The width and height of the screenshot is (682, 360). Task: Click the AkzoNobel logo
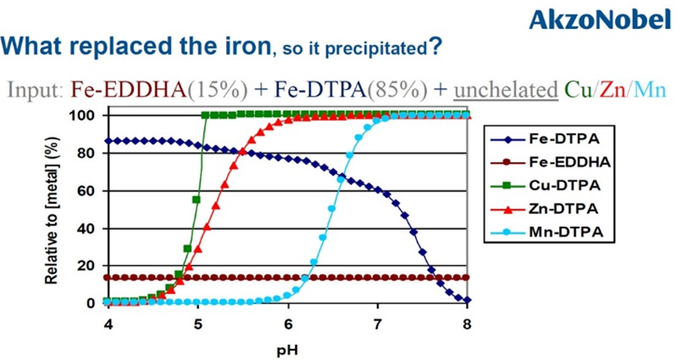click(x=612, y=18)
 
